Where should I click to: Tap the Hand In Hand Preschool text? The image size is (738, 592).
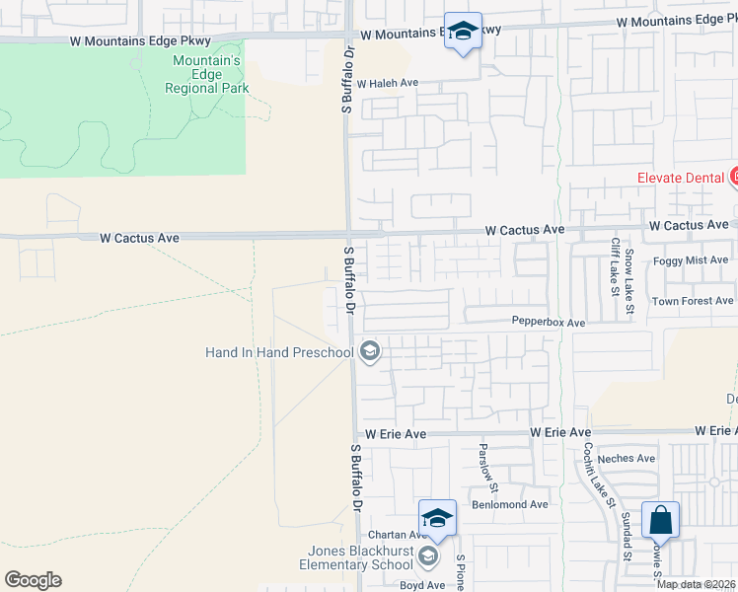pyautogui.click(x=278, y=352)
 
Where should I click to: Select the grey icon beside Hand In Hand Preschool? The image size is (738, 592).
pyautogui.click(x=370, y=351)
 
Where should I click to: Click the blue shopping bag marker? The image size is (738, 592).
pyautogui.click(x=660, y=520)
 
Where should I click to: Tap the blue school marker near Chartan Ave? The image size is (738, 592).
pyautogui.click(x=438, y=518)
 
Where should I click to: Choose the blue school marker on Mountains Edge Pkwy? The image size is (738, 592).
pyautogui.click(x=463, y=32)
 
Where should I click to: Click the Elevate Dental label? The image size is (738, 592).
pyautogui.click(x=681, y=178)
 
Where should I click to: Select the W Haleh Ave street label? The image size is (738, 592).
pyautogui.click(x=389, y=84)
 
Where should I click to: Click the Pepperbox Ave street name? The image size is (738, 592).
pyautogui.click(x=548, y=322)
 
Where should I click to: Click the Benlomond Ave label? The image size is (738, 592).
pyautogui.click(x=509, y=504)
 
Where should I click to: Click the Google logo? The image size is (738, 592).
pyautogui.click(x=33, y=580)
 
